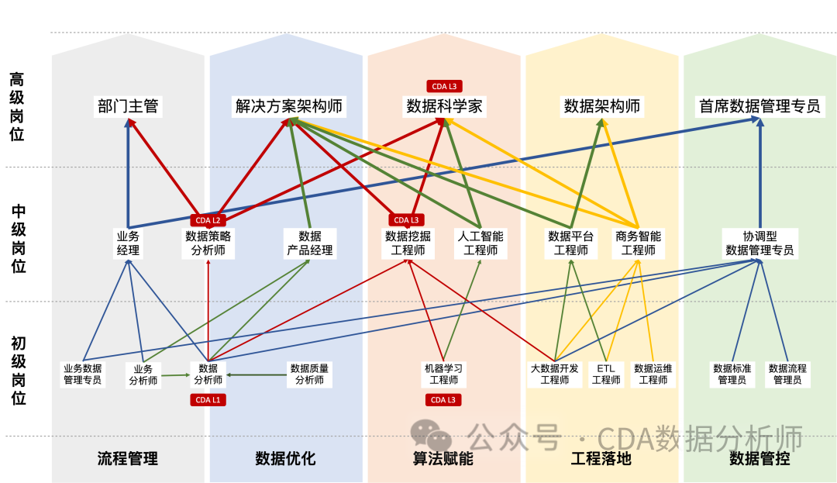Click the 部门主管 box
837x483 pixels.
click(128, 106)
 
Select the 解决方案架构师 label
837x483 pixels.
click(289, 106)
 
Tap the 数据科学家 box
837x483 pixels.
click(444, 106)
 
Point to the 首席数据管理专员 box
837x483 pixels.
click(759, 106)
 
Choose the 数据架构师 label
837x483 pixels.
click(602, 106)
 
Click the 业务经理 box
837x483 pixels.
click(128, 243)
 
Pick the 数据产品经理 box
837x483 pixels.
click(310, 243)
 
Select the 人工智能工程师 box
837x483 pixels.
click(480, 243)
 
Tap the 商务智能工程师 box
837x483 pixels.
click(639, 243)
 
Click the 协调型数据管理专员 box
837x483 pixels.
click(759, 243)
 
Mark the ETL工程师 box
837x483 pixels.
click(606, 374)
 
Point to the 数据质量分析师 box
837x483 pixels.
click(309, 374)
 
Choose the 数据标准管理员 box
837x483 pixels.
click(732, 374)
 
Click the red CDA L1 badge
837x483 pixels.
click(208, 400)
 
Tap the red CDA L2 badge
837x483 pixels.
click(208, 220)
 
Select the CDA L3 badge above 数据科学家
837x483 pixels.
click(444, 86)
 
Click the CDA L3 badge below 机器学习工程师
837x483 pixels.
click(444, 400)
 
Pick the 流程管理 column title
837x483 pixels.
click(128, 458)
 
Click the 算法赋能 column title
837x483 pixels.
click(443, 458)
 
